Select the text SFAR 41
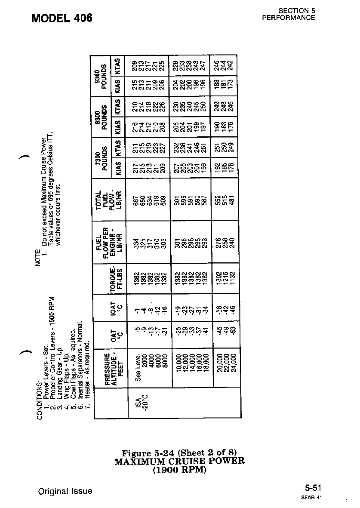point(315,497)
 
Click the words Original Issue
point(65,491)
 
